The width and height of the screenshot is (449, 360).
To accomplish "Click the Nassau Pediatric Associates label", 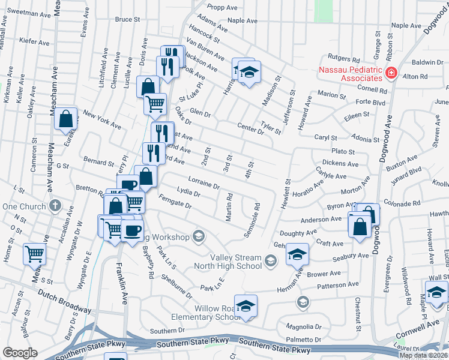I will (x=351, y=73).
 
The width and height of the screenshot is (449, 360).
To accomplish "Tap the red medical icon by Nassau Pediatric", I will (x=391, y=73).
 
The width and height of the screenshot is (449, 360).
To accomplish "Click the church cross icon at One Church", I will (x=55, y=206).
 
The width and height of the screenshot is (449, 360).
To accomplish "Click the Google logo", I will (x=19, y=353).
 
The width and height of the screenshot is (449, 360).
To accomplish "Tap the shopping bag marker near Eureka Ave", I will (x=66, y=118).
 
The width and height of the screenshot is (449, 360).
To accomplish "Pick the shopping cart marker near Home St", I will (x=35, y=254).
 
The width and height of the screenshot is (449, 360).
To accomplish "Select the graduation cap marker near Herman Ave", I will (x=297, y=254).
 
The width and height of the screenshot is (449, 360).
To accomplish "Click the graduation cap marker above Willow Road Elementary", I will (x=246, y=305).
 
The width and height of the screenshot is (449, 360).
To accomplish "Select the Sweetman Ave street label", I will (x=26, y=12).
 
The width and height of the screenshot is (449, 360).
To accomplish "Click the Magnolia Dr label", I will (x=306, y=327).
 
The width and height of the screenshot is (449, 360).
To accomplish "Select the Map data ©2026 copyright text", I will (x=423, y=355).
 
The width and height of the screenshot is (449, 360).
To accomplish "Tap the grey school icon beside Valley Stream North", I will (x=271, y=260).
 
